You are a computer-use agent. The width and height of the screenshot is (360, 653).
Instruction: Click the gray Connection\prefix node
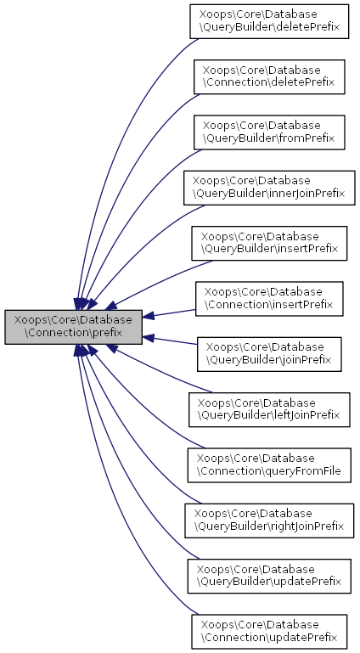73,327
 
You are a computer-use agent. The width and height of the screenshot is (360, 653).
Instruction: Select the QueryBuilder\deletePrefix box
269,22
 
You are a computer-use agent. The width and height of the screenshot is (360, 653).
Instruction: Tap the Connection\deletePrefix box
269,76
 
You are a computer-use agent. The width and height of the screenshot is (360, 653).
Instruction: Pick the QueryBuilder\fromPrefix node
269,132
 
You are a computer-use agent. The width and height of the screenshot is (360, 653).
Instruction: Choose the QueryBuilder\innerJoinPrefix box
269,188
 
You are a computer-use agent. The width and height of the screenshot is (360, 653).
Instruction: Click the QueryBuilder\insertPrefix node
269,244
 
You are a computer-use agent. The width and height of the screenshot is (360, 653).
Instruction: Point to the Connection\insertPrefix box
269,299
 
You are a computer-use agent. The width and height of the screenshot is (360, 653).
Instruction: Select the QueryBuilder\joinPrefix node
269,354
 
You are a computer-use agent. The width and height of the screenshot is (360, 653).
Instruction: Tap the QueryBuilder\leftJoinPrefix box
269,409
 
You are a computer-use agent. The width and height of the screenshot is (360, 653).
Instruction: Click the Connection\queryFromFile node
269,465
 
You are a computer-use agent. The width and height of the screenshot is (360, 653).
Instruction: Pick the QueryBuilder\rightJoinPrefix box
269,521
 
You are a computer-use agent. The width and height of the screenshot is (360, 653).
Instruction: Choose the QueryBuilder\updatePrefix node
269,577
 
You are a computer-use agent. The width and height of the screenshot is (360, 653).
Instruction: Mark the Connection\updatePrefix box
269,631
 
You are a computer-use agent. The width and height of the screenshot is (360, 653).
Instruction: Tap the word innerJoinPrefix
310,194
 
